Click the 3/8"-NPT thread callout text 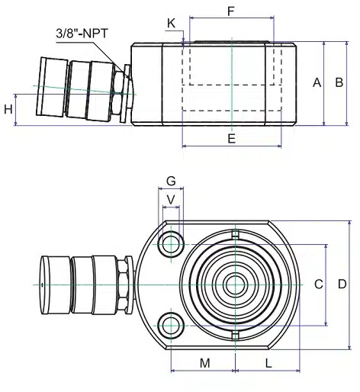pyautogui.click(x=82, y=34)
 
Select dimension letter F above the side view pyautogui.click(x=231, y=11)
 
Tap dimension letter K pyautogui.click(x=171, y=24)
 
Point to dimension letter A pyautogui.click(x=317, y=82)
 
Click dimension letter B pyautogui.click(x=339, y=82)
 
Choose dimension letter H pyautogui.click(x=8, y=109)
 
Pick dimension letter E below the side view pyautogui.click(x=231, y=139)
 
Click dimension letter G pyautogui.click(x=171, y=182)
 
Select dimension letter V pyautogui.click(x=171, y=200)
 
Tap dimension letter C pyautogui.click(x=319, y=284)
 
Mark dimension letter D pyautogui.click(x=342, y=284)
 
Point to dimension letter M pyautogui.click(x=205, y=363)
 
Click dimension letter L pyautogui.click(x=268, y=363)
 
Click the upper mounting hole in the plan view pyautogui.click(x=171, y=244)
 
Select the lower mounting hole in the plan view pyautogui.click(x=171, y=326)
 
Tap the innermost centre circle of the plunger pyautogui.click(x=236, y=285)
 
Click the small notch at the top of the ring pyautogui.click(x=236, y=234)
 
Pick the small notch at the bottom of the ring pyautogui.click(x=236, y=336)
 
